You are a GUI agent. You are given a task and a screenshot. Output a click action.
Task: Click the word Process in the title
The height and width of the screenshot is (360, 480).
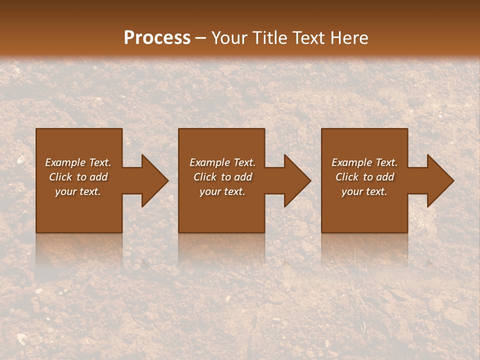[x=157, y=38]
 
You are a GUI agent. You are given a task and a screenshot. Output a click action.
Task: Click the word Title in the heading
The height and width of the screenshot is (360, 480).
[x=268, y=38]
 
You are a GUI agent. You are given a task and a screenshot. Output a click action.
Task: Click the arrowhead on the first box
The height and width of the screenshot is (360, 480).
[x=153, y=180]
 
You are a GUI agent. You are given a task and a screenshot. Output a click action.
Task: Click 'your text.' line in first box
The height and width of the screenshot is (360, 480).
[x=78, y=191]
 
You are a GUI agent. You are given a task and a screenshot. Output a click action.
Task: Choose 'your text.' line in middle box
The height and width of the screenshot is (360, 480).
[x=222, y=191]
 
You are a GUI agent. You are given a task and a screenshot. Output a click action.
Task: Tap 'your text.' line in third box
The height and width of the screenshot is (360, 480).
[x=364, y=191]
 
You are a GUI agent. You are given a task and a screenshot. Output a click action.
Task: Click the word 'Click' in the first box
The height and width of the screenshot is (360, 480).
[x=60, y=177]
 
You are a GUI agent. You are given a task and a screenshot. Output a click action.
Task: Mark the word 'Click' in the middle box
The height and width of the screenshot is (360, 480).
[x=204, y=177]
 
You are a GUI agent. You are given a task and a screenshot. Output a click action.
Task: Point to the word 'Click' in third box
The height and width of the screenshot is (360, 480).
[x=347, y=177]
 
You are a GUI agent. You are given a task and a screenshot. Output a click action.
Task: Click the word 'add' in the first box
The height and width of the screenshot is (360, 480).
[x=99, y=177]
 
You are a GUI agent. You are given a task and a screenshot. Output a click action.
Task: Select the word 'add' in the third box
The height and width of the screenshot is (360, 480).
[x=385, y=177]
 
